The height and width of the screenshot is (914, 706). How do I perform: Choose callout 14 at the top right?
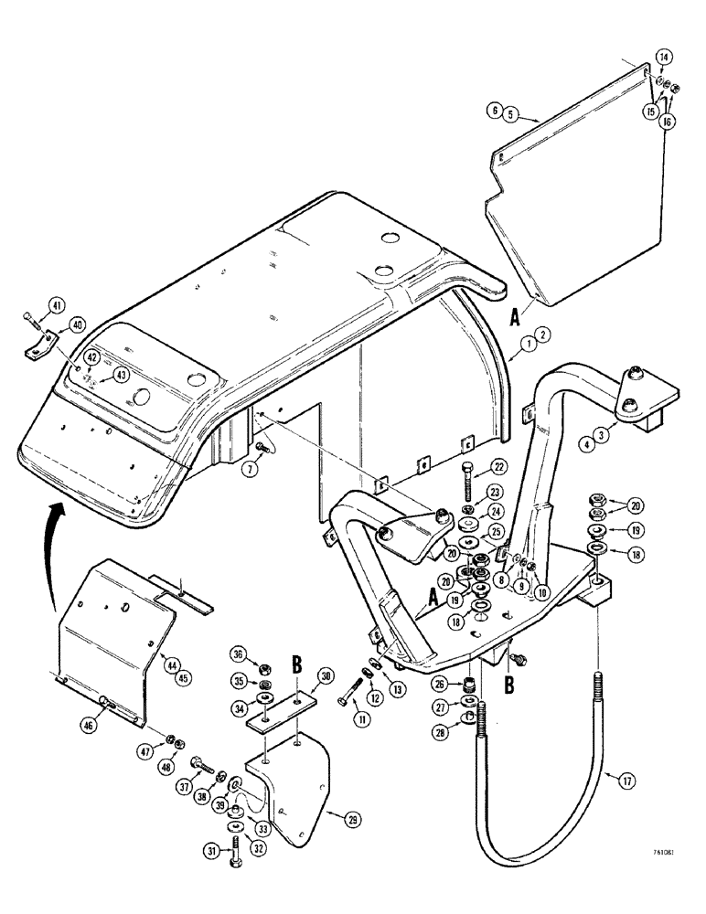point(663,58)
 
